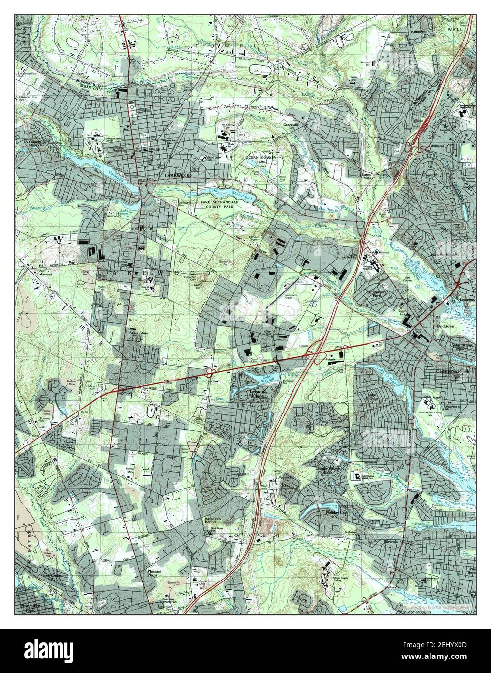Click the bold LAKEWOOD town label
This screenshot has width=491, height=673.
click(178, 175)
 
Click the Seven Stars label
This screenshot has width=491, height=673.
click(138, 333)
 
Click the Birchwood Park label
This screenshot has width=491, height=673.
click(379, 296)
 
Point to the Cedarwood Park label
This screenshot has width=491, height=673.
click(446, 372)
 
